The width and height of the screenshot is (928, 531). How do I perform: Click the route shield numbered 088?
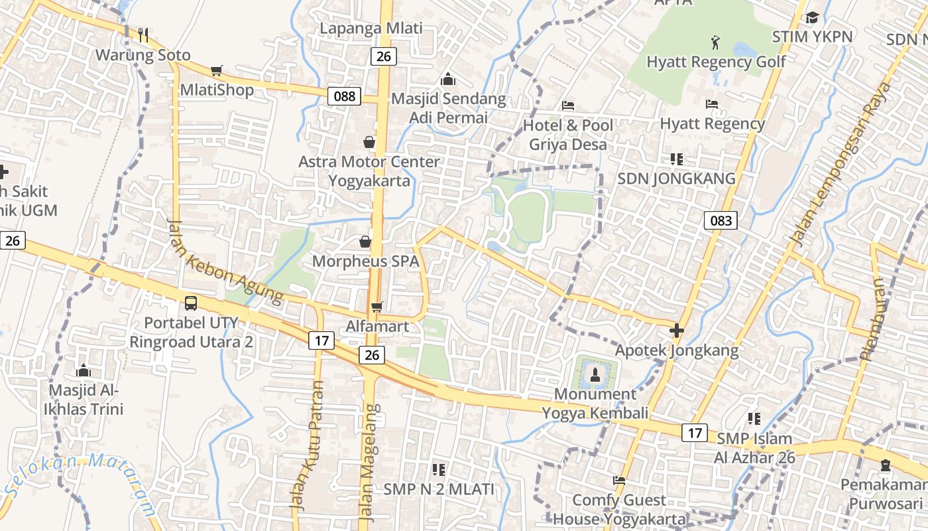(345, 96)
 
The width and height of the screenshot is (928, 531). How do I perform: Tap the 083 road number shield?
(721, 220)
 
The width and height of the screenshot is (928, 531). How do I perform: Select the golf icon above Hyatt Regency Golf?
(715, 43)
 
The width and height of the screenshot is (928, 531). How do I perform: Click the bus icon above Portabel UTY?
(191, 303)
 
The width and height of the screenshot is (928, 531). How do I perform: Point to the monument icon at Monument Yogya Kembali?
(595, 374)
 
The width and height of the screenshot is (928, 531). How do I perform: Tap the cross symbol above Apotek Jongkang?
(676, 330)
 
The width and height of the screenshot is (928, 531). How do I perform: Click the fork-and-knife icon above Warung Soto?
(143, 35)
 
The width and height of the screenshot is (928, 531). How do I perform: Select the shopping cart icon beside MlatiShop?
(216, 70)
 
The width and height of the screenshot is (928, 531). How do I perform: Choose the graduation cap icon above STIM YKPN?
(812, 17)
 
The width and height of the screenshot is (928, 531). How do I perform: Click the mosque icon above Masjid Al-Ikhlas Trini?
(84, 370)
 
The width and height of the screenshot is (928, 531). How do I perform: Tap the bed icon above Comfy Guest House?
(619, 480)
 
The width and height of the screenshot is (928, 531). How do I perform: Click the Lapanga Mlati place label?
(371, 29)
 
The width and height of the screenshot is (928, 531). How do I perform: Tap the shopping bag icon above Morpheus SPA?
(365, 242)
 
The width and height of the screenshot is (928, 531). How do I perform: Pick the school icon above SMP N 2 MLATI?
(438, 470)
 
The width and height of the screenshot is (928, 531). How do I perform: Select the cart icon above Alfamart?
(377, 306)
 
